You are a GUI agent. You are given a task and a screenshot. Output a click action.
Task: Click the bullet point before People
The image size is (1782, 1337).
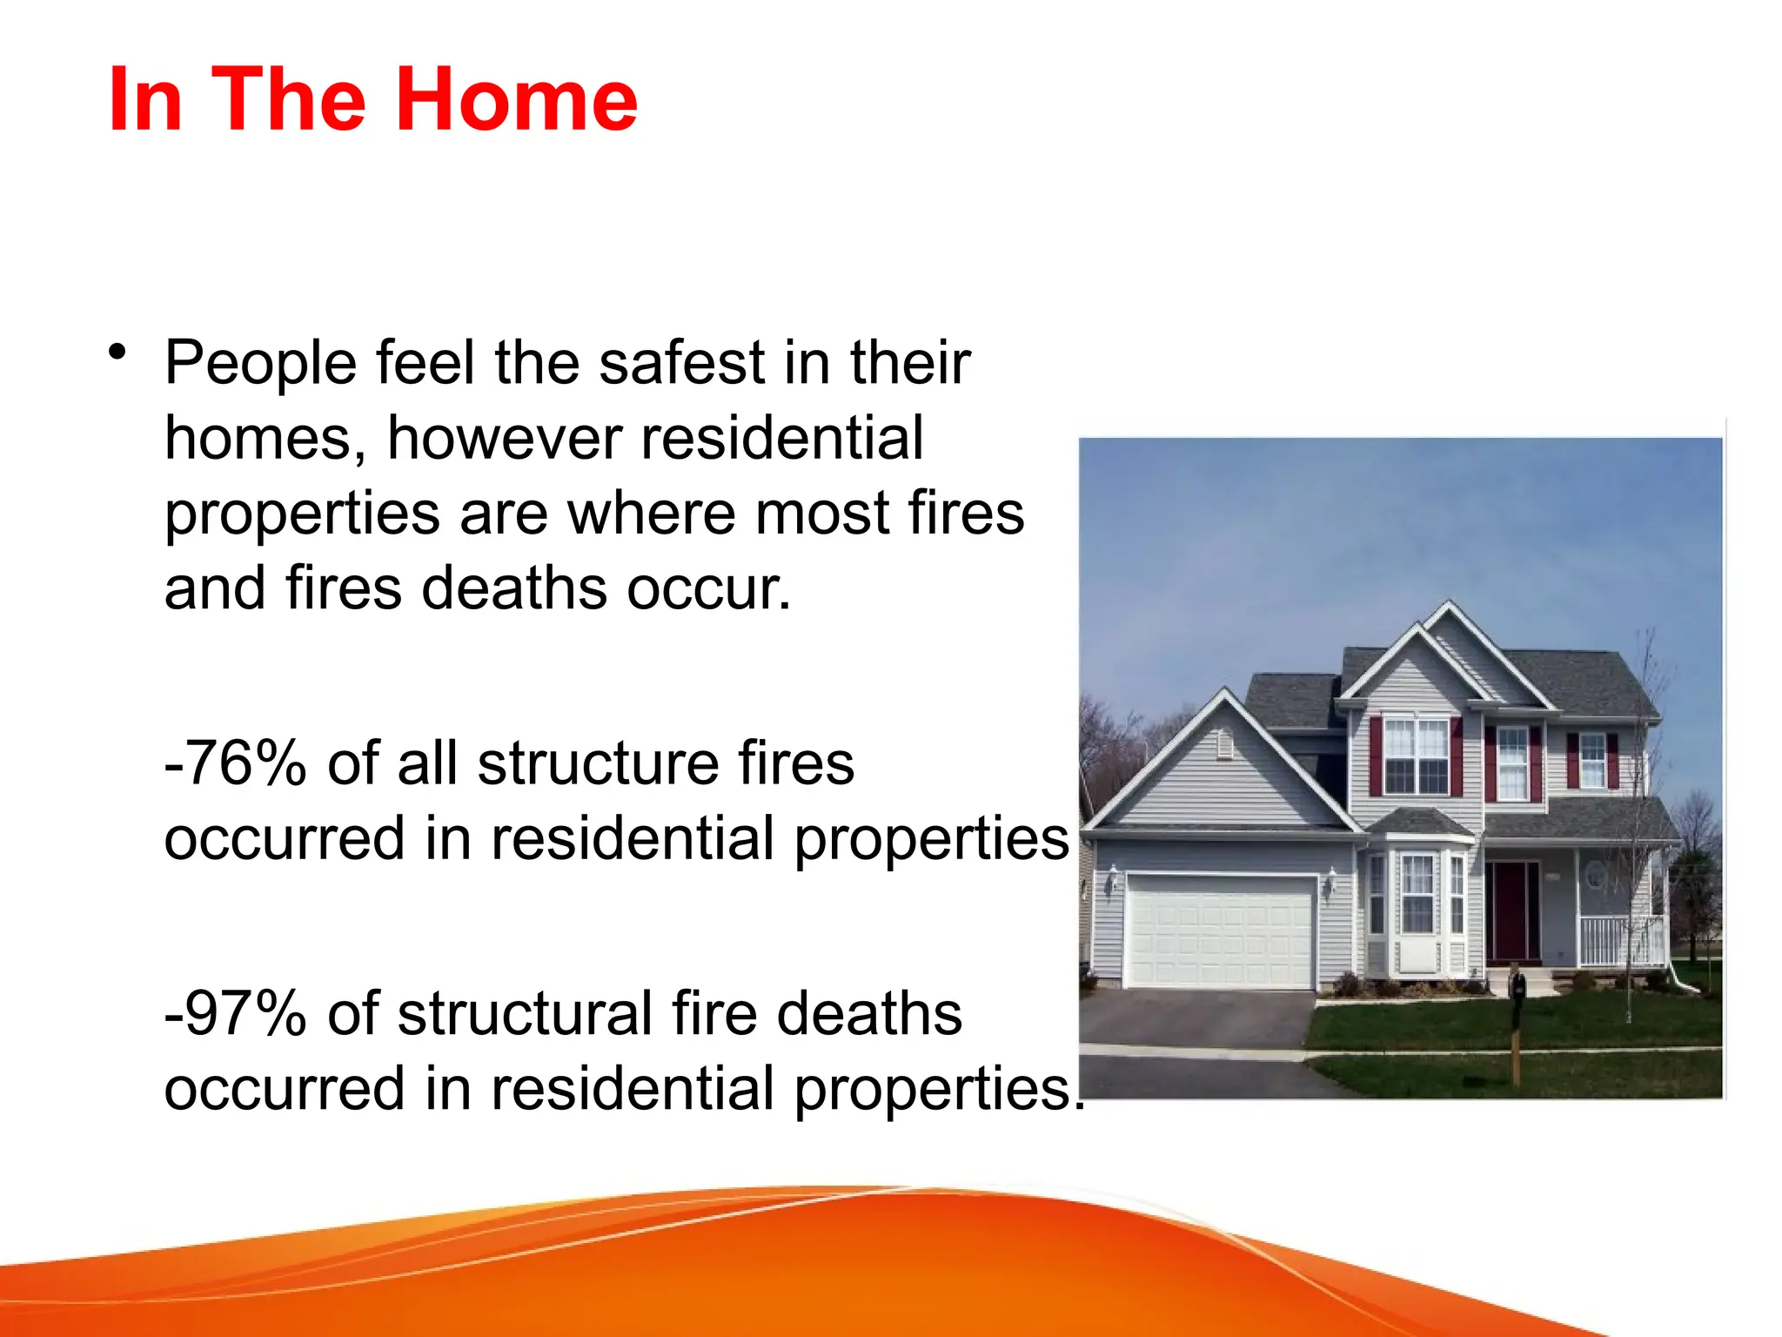coord(117,353)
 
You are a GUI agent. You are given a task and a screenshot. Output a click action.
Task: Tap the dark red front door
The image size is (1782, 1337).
coord(1512,910)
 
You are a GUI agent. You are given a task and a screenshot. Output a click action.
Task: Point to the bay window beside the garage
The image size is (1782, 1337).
coord(1417,905)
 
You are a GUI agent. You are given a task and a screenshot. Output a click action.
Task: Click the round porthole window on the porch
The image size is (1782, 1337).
coord(1594,875)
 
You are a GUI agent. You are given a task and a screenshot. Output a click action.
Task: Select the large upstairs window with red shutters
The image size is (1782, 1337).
coord(1416,755)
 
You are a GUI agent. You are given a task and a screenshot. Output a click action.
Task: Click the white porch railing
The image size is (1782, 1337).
coord(1620,940)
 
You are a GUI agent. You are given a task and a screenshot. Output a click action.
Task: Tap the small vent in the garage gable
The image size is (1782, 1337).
coord(1225,746)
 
